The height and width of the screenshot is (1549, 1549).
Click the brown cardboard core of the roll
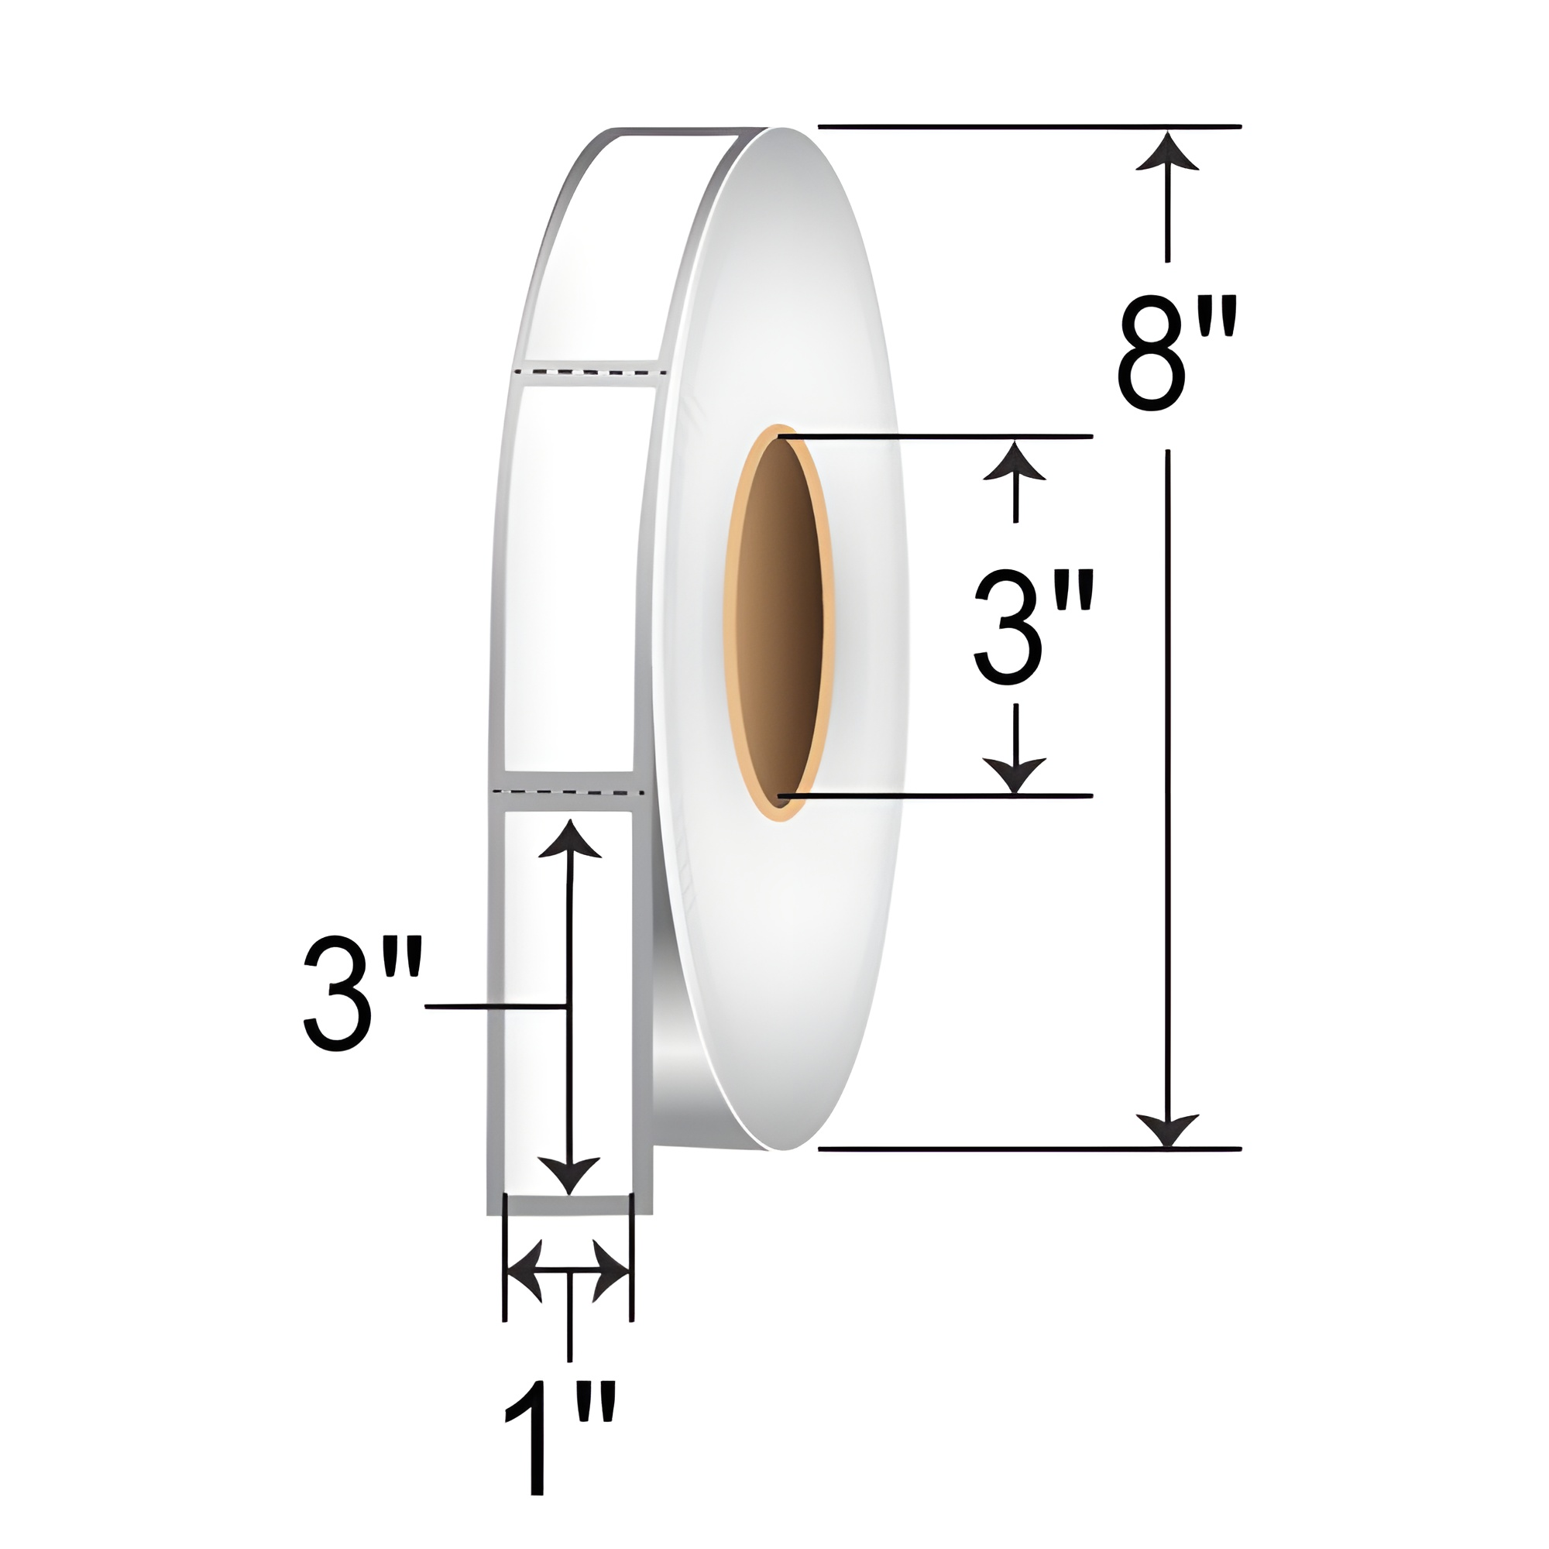[778, 622]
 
